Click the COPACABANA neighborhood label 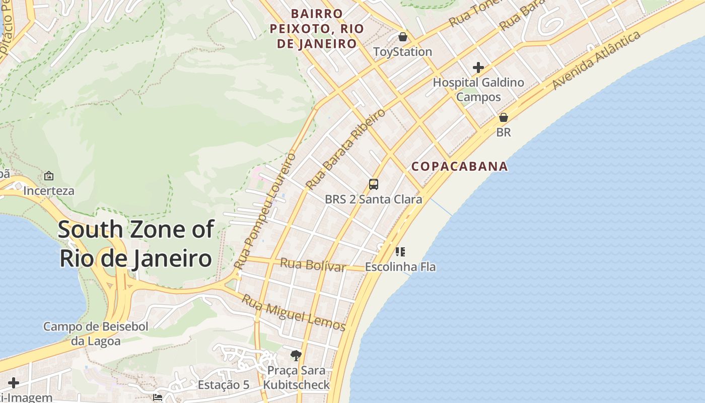click(x=459, y=166)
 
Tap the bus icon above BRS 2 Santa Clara click(x=373, y=184)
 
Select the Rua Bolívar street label click(x=313, y=264)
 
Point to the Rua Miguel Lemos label click(x=294, y=312)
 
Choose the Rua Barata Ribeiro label click(x=345, y=149)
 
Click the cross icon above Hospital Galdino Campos click(x=478, y=68)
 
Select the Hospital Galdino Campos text click(x=478, y=90)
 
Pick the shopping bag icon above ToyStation click(x=402, y=37)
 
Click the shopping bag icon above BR click(x=503, y=117)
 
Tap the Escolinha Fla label click(x=400, y=267)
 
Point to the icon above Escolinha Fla click(x=400, y=251)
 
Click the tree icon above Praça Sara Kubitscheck click(x=296, y=356)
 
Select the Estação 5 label click(x=223, y=385)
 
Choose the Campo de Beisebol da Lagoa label click(x=96, y=333)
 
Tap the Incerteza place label click(x=49, y=191)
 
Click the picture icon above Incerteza click(x=49, y=176)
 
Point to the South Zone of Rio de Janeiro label click(x=136, y=244)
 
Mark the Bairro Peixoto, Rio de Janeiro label click(x=317, y=29)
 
